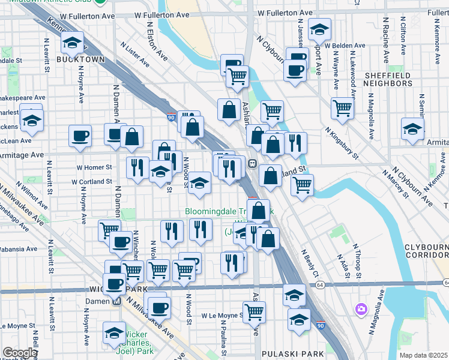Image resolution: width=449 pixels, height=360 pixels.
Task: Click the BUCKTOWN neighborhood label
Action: click(80, 60)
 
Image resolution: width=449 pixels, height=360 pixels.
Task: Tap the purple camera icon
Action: click(361, 309)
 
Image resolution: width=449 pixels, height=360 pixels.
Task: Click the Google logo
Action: click(19, 353)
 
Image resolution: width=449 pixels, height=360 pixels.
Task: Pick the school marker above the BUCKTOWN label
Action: click(72, 43)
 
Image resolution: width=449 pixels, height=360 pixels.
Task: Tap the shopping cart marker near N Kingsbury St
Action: click(342, 108)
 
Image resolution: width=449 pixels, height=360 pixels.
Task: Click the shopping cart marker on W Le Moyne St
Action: click(255, 311)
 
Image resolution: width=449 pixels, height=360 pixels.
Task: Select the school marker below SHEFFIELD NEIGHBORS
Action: click(413, 128)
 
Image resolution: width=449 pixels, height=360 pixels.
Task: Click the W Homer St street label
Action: click(94, 167)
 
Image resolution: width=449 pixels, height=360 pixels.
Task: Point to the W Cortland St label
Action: click(92, 181)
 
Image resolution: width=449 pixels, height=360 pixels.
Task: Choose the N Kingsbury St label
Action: click(342, 143)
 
